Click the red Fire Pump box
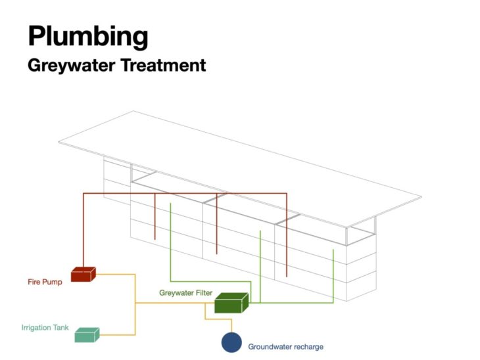coord(83,274)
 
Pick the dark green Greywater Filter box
coord(231,303)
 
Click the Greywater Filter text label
coord(185,292)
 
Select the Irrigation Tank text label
coord(45,326)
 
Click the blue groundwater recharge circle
coord(231,342)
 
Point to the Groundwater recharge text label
coord(285,346)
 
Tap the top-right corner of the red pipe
coord(287,193)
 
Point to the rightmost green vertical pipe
coord(333,276)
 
